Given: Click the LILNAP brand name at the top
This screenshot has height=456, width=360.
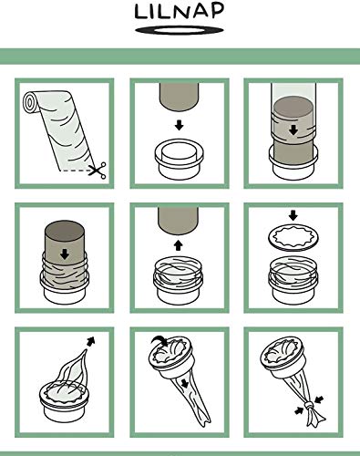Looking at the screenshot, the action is point(180,11).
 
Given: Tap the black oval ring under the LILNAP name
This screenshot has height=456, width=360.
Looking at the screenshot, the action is point(180,30).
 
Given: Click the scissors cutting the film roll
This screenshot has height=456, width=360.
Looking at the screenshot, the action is point(98,171).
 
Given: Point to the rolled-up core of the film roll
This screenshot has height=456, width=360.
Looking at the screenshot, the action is point(29,102).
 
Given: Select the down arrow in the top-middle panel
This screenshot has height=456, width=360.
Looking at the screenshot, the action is point(180,125).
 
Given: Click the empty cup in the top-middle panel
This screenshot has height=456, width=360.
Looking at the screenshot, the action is point(179,159).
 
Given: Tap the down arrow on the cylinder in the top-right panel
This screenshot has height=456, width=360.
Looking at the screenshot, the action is point(293,130).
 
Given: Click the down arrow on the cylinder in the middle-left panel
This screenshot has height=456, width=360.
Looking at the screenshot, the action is point(65,254).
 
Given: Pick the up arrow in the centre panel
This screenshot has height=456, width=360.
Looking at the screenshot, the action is point(179,245).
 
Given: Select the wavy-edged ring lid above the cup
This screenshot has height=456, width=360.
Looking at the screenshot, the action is point(293,237).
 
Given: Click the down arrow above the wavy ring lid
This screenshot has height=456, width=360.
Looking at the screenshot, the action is point(293,215).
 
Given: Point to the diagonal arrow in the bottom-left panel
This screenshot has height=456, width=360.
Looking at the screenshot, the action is point(90,341).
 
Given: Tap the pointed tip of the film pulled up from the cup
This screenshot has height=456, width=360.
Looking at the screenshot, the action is point(86,349).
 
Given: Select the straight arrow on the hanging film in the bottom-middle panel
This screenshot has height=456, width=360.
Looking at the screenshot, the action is point(185,383).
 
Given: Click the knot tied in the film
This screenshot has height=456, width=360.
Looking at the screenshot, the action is point(308,406).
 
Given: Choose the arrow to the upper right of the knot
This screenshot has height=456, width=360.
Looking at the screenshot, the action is point(319,399).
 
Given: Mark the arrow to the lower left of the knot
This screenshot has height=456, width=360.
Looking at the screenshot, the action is point(299,411).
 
